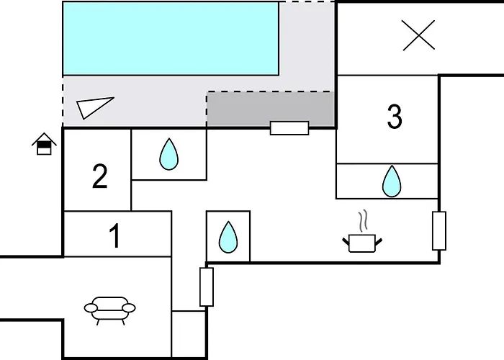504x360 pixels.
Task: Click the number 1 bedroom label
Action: tap(114, 235)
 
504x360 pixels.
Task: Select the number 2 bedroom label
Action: tap(99, 176)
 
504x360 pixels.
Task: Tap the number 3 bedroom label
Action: tap(395, 117)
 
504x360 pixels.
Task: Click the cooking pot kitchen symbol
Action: tap(362, 243)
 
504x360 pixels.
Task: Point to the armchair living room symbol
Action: tap(110, 310)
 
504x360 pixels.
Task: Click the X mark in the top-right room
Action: tap(418, 35)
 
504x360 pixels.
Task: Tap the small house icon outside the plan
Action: tap(44, 144)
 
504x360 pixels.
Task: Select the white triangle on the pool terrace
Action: tap(95, 107)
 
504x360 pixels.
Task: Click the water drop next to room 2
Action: tap(168, 154)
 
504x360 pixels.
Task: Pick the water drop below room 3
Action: tap(392, 181)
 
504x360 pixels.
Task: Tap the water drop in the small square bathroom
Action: tap(228, 237)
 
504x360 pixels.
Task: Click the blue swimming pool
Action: tap(171, 39)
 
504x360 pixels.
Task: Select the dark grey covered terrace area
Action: tap(271, 109)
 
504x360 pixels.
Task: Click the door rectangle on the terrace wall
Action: tap(289, 128)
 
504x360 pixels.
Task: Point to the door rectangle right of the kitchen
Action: tap(439, 231)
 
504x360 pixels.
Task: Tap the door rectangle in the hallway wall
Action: tap(207, 287)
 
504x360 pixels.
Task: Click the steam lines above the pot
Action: tap(363, 221)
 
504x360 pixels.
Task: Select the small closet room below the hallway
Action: tap(189, 334)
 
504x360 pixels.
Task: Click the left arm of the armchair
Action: tap(91, 308)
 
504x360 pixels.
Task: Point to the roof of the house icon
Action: tap(44, 139)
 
